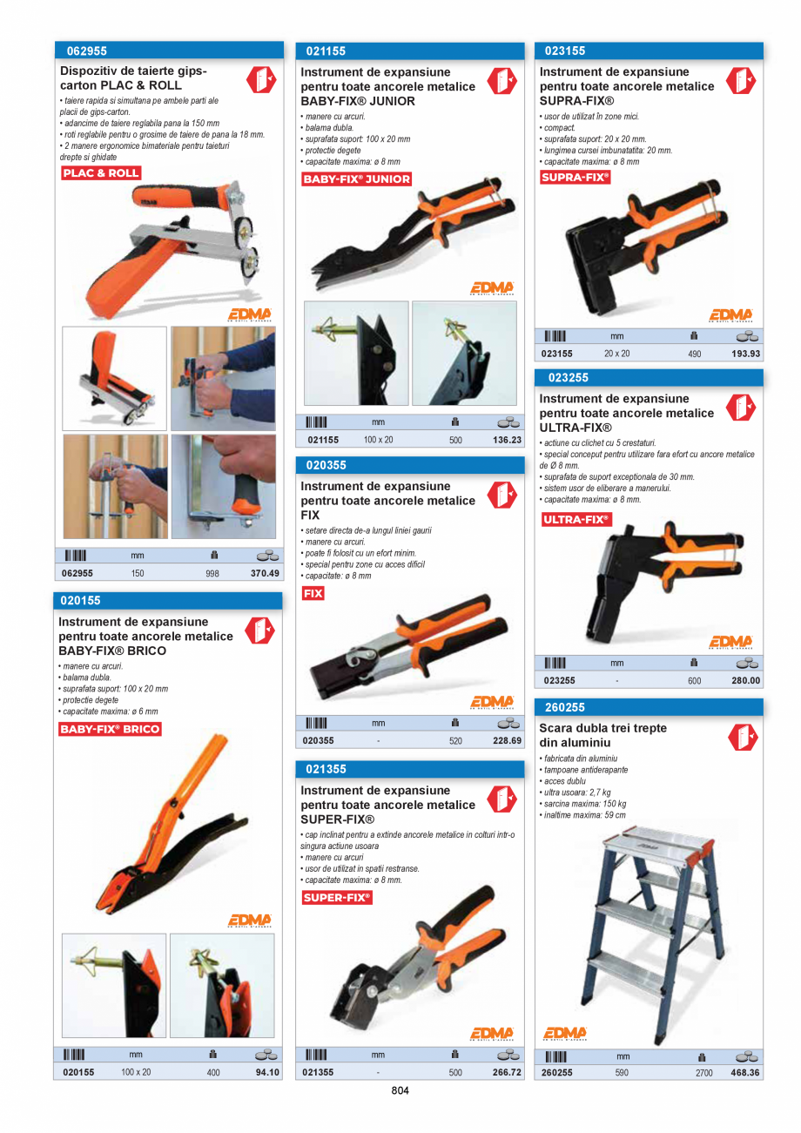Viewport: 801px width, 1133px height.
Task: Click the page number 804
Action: pyautogui.click(x=400, y=1090)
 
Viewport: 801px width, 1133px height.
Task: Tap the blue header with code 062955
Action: pyautogui.click(x=169, y=51)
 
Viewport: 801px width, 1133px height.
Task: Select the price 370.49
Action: pyautogui.click(x=265, y=573)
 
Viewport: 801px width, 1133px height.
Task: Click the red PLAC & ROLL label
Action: pyautogui.click(x=101, y=173)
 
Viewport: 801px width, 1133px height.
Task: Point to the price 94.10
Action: pyautogui.click(x=267, y=1072)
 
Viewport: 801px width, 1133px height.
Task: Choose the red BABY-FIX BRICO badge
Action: pyautogui.click(x=110, y=729)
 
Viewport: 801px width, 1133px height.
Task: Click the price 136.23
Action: pyautogui.click(x=507, y=440)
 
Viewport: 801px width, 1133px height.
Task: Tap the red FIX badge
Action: pyautogui.click(x=313, y=593)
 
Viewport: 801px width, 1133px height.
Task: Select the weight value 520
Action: pyautogui.click(x=455, y=741)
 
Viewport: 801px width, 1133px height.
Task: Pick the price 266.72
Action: pyautogui.click(x=507, y=1072)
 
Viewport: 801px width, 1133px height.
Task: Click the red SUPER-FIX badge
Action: pyautogui.click(x=336, y=897)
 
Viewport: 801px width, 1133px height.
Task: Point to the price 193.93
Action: pyautogui.click(x=746, y=354)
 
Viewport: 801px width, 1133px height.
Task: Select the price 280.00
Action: pyautogui.click(x=745, y=680)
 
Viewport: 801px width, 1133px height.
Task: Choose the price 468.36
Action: pyautogui.click(x=745, y=1073)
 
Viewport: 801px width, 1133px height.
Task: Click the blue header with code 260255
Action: pyautogui.click(x=648, y=708)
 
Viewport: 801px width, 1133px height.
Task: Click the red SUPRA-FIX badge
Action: pyautogui.click(x=575, y=178)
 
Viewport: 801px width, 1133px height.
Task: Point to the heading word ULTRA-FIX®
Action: pyautogui.click(x=576, y=428)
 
